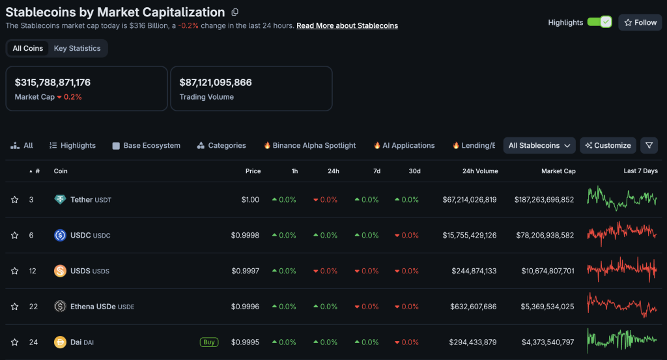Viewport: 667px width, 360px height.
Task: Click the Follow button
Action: click(x=640, y=22)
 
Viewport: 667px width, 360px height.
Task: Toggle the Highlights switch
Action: click(x=599, y=22)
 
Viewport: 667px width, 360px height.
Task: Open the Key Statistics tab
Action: click(x=77, y=48)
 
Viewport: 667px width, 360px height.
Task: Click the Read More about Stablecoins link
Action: click(x=347, y=25)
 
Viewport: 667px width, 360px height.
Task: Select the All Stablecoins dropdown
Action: click(x=539, y=145)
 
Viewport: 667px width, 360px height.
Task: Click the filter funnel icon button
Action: click(x=649, y=145)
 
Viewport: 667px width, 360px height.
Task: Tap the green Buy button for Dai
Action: click(x=209, y=342)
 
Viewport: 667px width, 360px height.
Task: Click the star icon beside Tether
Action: click(x=14, y=200)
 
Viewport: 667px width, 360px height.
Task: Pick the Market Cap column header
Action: click(x=558, y=171)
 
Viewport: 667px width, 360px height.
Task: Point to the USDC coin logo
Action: click(x=60, y=235)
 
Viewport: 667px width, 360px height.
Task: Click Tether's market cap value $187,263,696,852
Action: click(x=544, y=200)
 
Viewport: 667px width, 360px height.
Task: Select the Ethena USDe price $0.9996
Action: click(x=246, y=307)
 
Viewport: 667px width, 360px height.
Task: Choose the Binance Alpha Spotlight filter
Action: click(x=309, y=146)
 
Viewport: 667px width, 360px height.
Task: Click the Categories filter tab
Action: click(x=221, y=146)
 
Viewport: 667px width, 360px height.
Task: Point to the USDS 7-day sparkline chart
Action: click(x=622, y=270)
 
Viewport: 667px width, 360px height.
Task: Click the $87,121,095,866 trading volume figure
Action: click(x=216, y=83)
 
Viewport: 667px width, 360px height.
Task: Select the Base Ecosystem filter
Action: click(x=146, y=146)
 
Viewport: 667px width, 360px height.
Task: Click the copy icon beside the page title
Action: click(x=234, y=12)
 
